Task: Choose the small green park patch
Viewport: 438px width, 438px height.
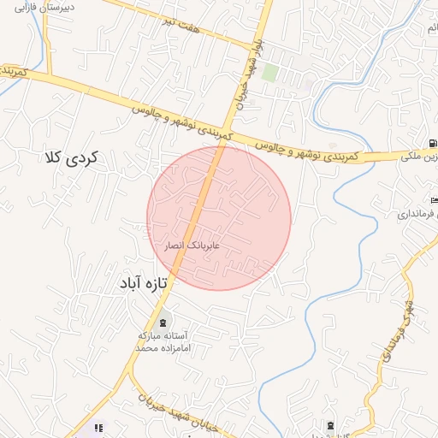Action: pos(269,73)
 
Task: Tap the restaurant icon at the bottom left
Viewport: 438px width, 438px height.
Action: pos(98,427)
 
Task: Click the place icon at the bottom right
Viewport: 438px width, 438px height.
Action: pos(331,425)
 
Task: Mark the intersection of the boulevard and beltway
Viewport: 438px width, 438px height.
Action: pos(227,129)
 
